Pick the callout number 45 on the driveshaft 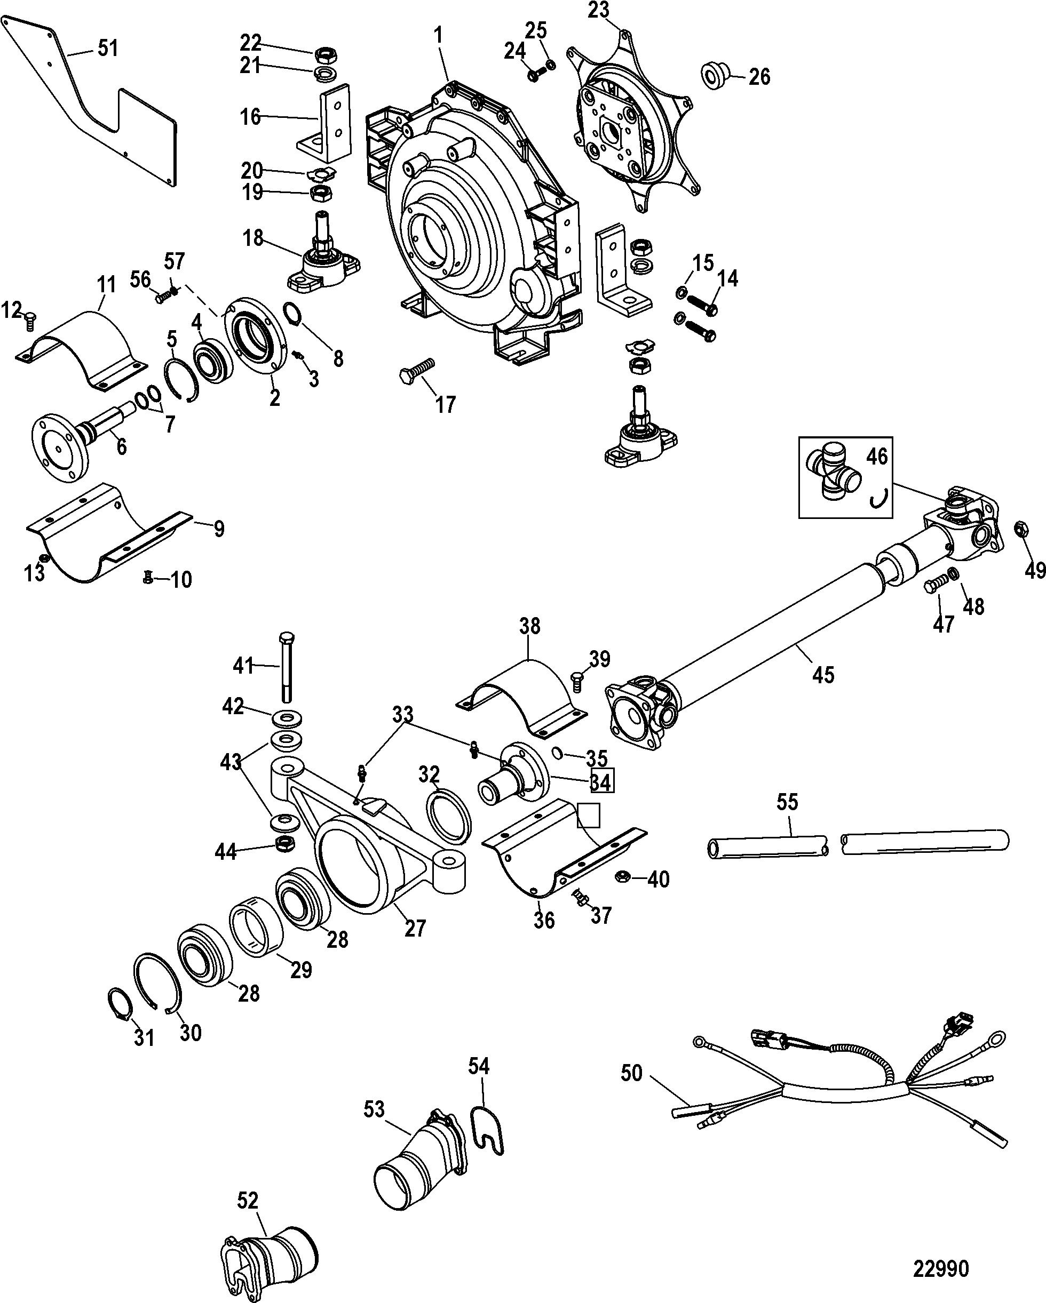coord(823,674)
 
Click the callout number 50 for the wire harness coord(631,1073)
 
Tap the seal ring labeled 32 coord(449,818)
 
